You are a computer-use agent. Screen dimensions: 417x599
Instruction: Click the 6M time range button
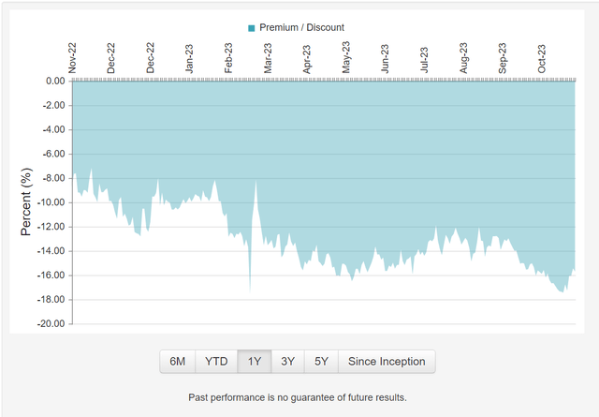click(x=178, y=361)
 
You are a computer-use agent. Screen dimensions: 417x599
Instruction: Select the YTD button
click(x=216, y=361)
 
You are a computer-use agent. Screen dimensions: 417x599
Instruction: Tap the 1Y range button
click(x=255, y=361)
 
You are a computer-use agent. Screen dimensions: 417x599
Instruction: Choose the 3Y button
click(x=288, y=361)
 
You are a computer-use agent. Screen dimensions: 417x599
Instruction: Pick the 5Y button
click(x=321, y=361)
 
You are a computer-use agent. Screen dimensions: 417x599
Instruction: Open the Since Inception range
click(x=387, y=361)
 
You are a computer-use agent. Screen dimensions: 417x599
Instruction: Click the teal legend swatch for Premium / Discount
click(x=251, y=28)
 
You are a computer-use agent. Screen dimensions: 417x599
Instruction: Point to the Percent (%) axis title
click(x=27, y=201)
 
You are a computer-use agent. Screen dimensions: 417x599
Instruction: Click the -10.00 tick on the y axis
click(x=50, y=202)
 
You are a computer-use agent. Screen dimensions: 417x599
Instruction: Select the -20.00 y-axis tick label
click(x=50, y=324)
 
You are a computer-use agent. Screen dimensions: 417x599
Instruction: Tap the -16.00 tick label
click(x=50, y=276)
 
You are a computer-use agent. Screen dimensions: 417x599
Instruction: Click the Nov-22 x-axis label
click(x=72, y=57)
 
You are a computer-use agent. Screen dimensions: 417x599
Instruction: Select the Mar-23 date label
click(x=269, y=57)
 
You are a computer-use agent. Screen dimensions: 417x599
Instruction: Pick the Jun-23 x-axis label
click(x=386, y=57)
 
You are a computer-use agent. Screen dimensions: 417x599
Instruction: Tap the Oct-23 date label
click(x=541, y=57)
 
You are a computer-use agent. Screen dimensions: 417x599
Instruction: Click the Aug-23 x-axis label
click(x=464, y=57)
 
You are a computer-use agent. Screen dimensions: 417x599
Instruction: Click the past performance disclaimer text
click(x=298, y=397)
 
